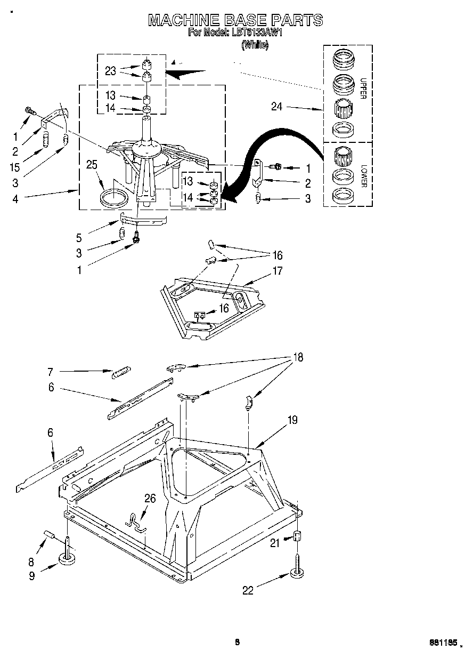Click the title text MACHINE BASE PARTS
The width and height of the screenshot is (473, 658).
235,20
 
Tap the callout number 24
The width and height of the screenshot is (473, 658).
276,107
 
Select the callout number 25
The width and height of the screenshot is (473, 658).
92,165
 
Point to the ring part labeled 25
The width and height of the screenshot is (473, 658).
115,197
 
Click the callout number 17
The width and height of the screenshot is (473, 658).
277,270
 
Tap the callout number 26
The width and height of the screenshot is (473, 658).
150,498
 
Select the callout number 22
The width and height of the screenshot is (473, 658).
248,590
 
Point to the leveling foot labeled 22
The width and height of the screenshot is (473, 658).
297,572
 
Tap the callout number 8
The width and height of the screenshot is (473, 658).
31,561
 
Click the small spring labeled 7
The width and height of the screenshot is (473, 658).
121,372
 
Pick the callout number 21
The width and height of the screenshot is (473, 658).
275,543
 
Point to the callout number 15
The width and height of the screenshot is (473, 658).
15,167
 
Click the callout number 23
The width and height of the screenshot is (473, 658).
110,71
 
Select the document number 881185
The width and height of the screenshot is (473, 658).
444,643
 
